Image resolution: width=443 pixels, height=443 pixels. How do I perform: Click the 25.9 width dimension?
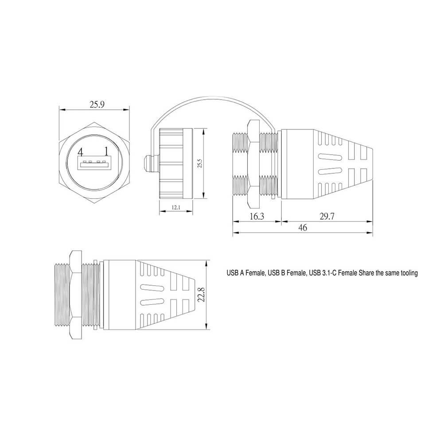(97, 105)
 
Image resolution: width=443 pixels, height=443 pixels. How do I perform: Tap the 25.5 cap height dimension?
(200, 163)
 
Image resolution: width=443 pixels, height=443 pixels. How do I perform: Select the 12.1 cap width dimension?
(176, 207)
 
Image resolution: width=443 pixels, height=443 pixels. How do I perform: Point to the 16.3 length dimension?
(257, 217)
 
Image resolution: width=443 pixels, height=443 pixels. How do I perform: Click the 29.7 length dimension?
(327, 217)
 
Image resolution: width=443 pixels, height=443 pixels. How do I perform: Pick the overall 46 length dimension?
(303, 227)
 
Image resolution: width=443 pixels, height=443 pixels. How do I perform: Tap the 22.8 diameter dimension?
(201, 295)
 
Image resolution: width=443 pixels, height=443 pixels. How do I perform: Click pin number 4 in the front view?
(81, 152)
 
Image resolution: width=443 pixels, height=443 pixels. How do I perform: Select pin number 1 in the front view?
(106, 152)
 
